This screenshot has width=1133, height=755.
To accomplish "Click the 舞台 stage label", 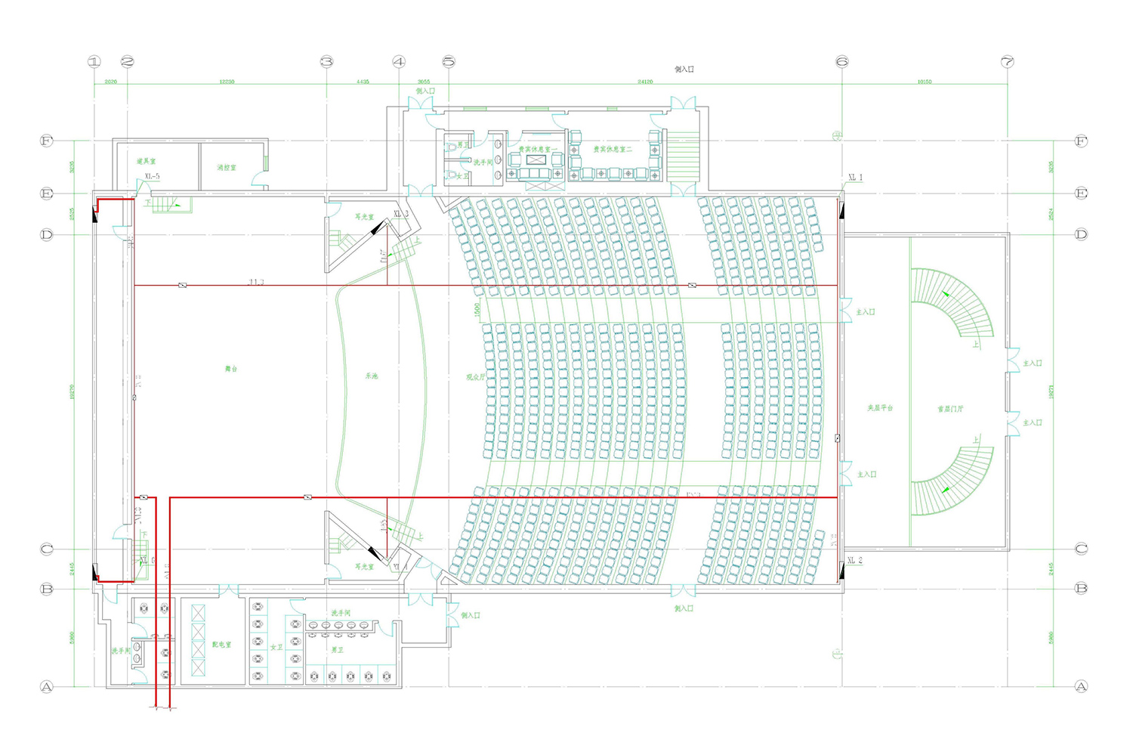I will [231, 369].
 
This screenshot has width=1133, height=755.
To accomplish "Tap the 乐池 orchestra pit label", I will [371, 376].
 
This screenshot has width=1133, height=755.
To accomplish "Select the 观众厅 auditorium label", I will [476, 376].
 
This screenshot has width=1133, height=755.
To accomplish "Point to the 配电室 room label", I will [221, 645].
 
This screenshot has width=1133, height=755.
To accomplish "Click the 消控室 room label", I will [227, 167].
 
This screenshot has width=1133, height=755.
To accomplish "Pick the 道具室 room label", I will [147, 161].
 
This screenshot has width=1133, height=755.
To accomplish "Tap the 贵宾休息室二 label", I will [613, 150].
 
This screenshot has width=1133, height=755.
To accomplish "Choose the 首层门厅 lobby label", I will [950, 409].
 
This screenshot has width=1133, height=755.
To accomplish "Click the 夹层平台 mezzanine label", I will [880, 408].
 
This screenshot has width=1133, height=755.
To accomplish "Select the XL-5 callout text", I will [153, 177].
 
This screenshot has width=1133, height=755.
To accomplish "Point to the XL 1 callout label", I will [855, 178].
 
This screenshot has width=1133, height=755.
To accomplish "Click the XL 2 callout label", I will [854, 561].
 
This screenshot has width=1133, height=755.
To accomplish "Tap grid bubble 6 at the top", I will [842, 62].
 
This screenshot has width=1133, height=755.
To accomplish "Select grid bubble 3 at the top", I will [326, 62].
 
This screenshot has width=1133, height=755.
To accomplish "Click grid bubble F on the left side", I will [47, 141].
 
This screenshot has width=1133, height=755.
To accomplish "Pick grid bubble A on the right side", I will [1081, 687].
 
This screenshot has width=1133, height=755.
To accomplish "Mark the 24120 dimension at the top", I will [645, 82].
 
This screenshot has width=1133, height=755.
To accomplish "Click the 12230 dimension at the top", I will [227, 82].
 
